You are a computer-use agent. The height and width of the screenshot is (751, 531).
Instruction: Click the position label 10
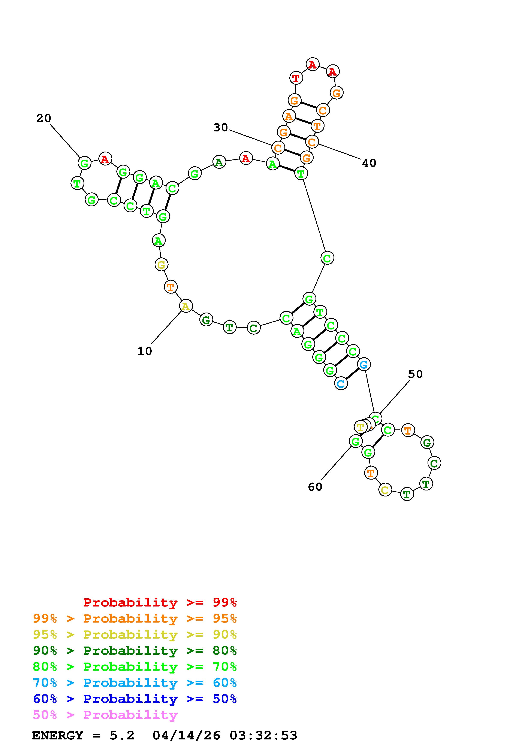[145, 351]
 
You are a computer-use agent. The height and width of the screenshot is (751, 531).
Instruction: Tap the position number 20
[43, 118]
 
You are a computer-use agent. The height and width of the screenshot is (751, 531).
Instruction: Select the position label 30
[220, 128]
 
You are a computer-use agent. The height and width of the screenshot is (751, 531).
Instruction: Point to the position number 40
[369, 163]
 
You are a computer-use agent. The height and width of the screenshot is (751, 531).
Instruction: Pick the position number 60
[315, 487]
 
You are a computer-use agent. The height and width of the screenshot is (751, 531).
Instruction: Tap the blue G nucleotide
[364, 364]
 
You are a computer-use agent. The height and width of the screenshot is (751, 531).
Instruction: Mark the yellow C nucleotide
[385, 490]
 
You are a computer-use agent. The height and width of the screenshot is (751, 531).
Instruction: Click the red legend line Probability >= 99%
[160, 602]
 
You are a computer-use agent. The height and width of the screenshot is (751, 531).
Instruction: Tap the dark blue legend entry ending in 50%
[135, 699]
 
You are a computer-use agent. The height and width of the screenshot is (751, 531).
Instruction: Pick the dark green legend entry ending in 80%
[135, 651]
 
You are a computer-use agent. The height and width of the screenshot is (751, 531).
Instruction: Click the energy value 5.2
[122, 736]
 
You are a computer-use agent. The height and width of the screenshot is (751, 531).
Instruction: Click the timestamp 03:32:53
[263, 736]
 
